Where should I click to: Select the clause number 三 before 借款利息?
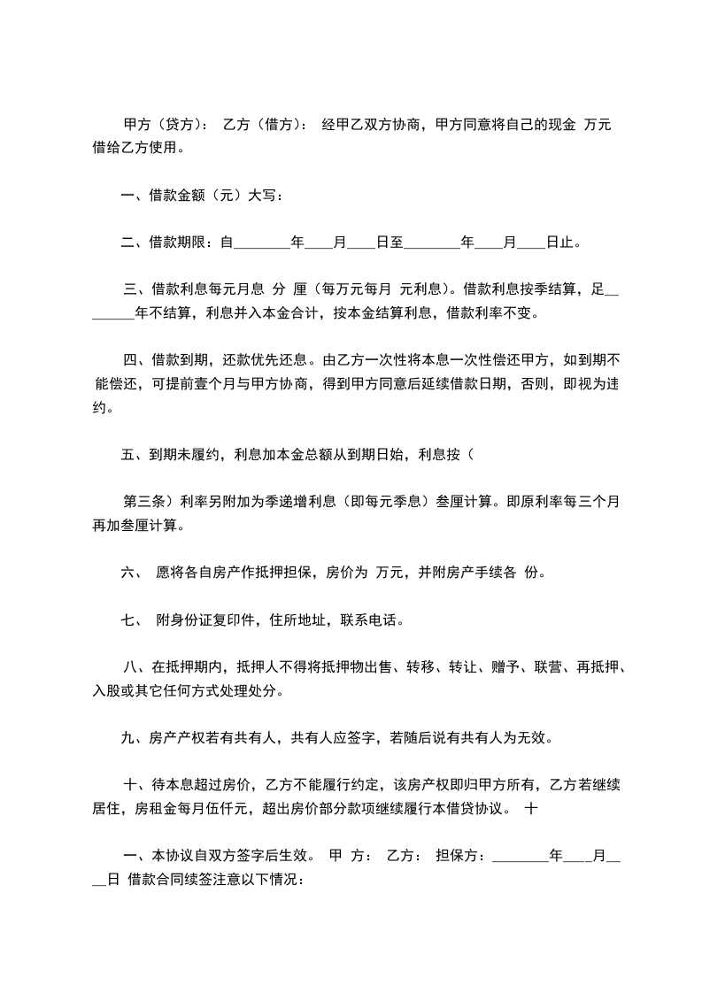tap(129, 289)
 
